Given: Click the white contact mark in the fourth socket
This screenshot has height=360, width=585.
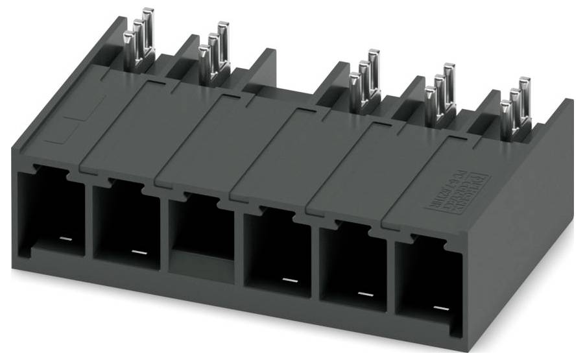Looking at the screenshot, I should click(289, 280).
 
